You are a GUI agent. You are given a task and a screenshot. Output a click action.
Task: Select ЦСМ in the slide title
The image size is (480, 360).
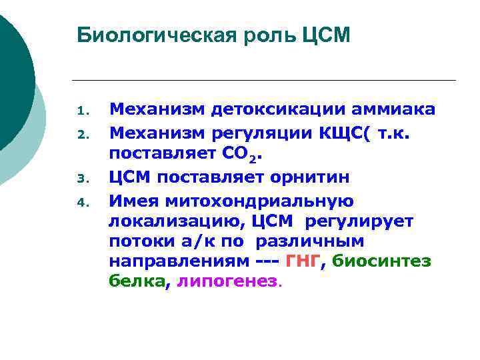coord(327,35)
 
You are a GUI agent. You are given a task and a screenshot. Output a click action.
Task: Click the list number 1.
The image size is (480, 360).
coord(81,111)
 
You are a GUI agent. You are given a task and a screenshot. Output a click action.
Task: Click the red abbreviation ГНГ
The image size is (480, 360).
coord(303,261)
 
